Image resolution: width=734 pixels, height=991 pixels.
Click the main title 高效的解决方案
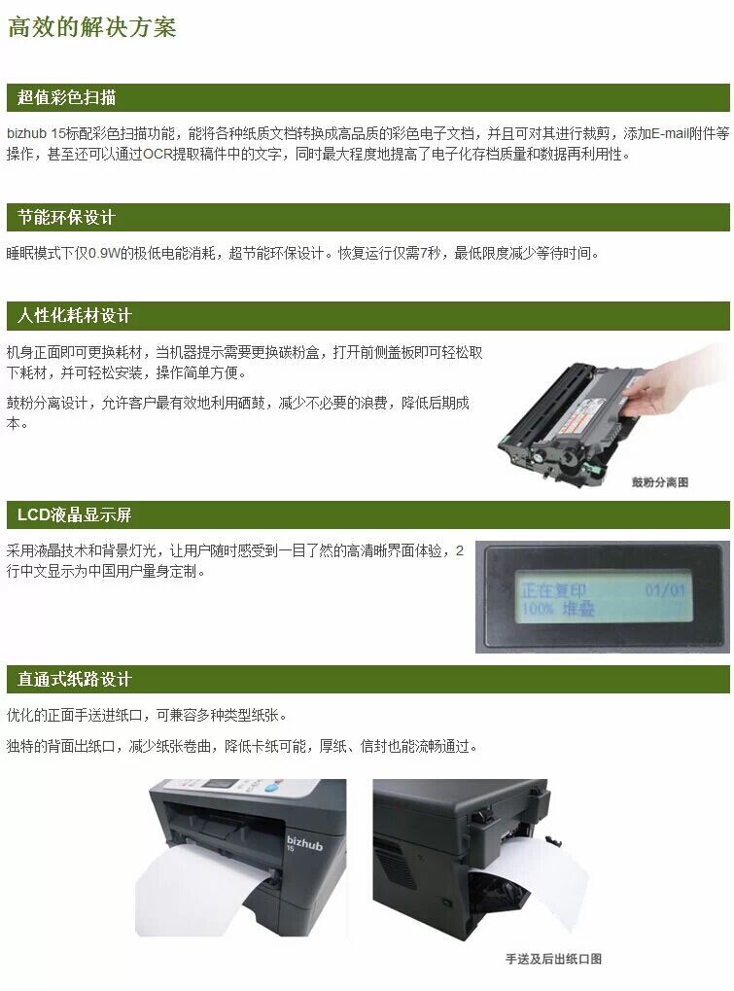click(91, 27)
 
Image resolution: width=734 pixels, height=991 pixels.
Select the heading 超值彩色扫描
click(66, 97)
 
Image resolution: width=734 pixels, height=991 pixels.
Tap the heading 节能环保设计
click(66, 218)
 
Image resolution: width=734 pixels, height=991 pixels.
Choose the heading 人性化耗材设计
click(75, 315)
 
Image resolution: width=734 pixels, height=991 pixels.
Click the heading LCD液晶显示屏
click(75, 514)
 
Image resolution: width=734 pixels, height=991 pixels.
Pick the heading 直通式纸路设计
click(75, 679)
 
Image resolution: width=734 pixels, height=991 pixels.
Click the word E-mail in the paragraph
click(670, 133)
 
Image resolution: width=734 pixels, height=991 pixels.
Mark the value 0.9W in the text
click(104, 254)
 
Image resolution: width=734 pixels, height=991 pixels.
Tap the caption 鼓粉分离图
click(659, 482)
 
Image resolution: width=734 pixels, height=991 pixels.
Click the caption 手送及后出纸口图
click(553, 959)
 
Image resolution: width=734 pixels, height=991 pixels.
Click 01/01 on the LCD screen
click(665, 590)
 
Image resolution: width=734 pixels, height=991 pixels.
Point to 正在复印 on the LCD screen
click(554, 590)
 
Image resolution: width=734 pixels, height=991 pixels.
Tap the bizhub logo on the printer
click(304, 843)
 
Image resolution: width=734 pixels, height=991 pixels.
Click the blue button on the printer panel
click(272, 788)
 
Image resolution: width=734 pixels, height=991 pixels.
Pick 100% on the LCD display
click(538, 609)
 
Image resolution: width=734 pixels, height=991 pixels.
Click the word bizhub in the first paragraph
click(27, 133)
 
